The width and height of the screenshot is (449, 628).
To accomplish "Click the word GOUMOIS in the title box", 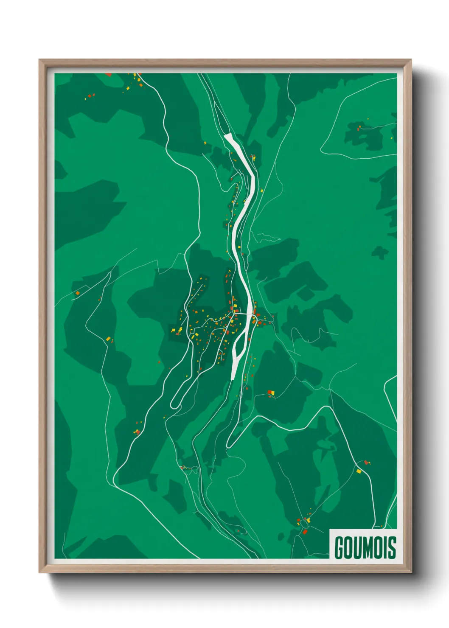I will click(365, 548).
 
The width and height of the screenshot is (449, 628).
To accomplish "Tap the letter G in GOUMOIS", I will click(340, 548).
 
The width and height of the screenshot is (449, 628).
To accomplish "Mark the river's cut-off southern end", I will click(233, 376).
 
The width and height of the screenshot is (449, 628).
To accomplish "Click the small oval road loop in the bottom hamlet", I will click(304, 525).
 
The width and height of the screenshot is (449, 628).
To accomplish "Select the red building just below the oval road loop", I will click(304, 532).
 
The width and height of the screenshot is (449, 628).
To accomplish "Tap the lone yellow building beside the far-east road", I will click(359, 471).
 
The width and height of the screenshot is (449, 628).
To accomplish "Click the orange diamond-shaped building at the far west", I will click(78, 293).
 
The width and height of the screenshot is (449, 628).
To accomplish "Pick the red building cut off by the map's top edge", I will click(109, 75).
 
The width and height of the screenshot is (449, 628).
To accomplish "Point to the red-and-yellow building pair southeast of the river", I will click(271, 392).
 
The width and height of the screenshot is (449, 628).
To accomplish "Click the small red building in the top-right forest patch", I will click(359, 127).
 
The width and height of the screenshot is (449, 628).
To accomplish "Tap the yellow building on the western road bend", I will click(108, 338).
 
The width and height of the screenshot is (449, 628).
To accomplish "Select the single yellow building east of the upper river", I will click(262, 191).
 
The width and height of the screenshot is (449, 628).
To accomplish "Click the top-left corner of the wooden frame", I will click(39, 60).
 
